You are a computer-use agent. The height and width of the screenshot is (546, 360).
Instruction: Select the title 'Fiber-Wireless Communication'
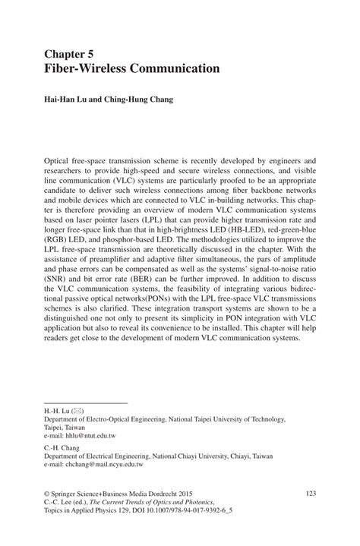[x=131, y=68]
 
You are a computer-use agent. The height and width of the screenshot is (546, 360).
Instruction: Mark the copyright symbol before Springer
[x=46, y=494]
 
